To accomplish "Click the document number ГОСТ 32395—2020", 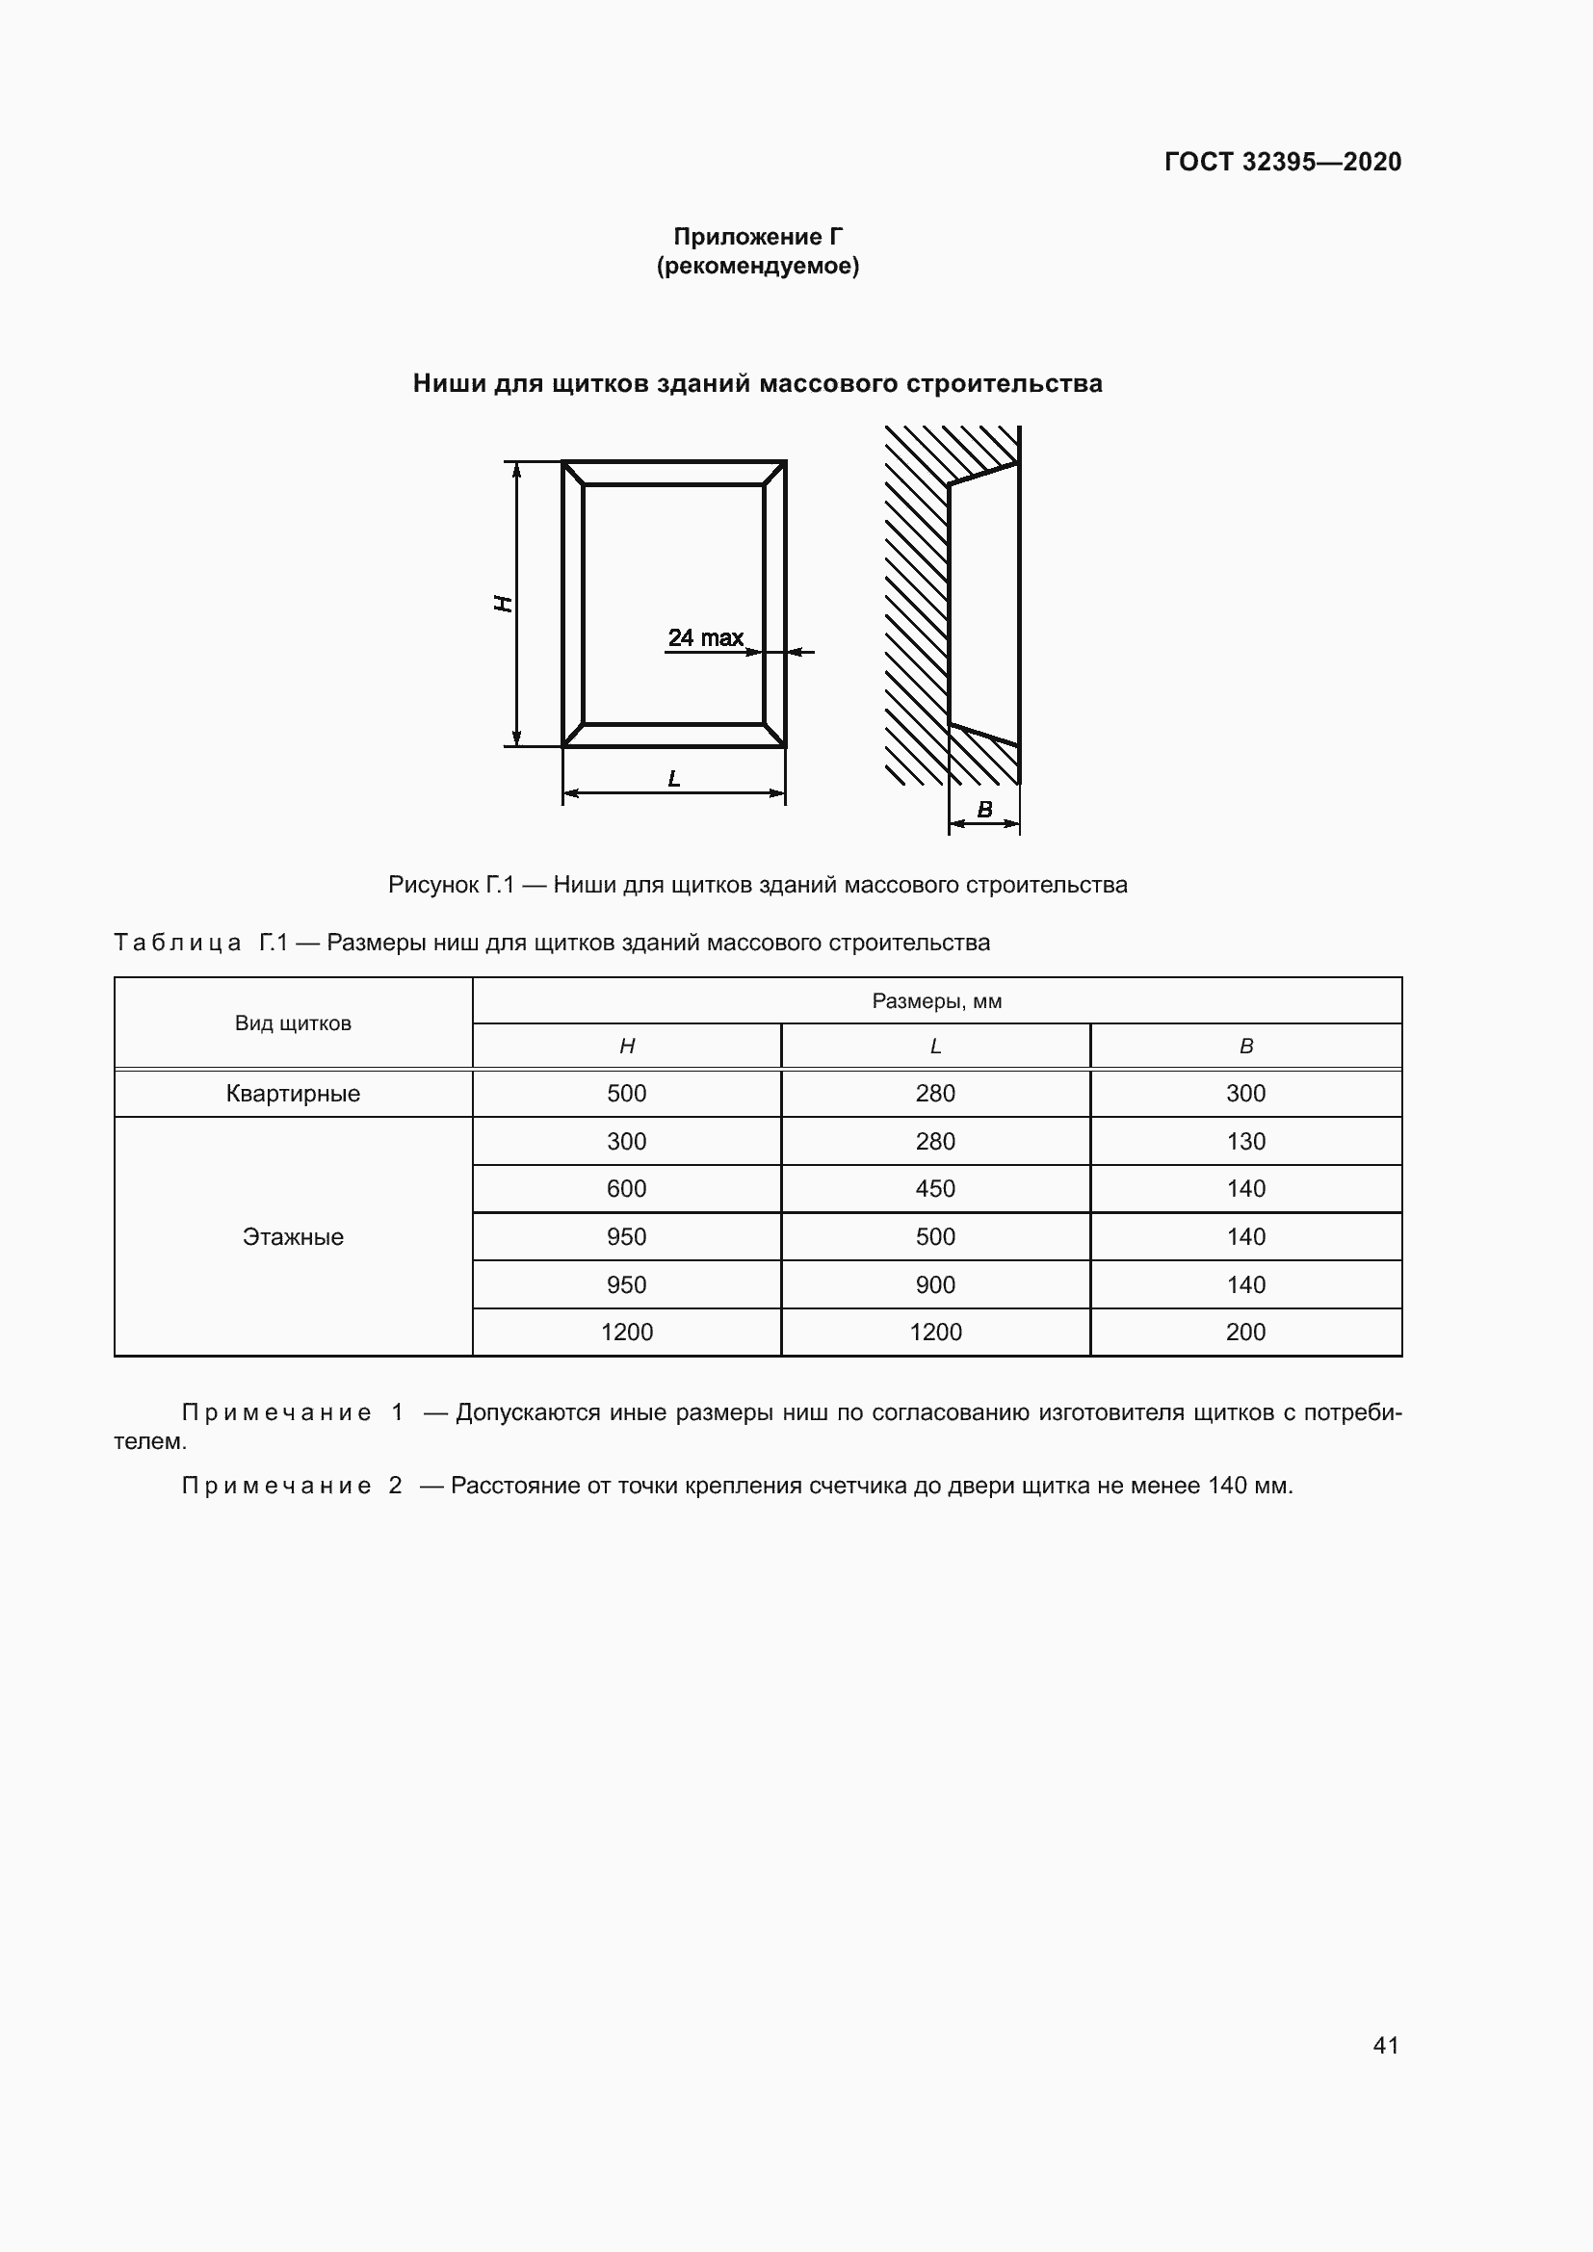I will [x=1282, y=162].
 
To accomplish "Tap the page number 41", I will [x=1385, y=2045].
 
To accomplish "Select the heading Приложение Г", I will [x=757, y=237].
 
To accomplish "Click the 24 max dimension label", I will [x=705, y=637].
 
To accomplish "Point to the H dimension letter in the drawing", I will [x=502, y=604].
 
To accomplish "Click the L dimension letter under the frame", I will [x=674, y=779].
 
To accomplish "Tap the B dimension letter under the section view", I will [x=985, y=809].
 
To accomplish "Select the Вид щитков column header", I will [x=293, y=1023].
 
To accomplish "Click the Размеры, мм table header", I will [x=936, y=1000].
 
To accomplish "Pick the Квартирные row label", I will [x=293, y=1093].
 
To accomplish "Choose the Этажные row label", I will [x=293, y=1237].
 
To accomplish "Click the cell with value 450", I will [x=935, y=1189].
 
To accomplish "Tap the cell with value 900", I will [x=935, y=1285].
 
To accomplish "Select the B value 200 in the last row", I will [x=1244, y=1332].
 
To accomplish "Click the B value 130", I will [x=1244, y=1141].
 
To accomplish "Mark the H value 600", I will [x=626, y=1189].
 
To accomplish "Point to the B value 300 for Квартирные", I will [x=1244, y=1093].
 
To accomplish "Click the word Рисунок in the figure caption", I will [x=431, y=885].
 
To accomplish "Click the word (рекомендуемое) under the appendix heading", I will [x=757, y=266].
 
